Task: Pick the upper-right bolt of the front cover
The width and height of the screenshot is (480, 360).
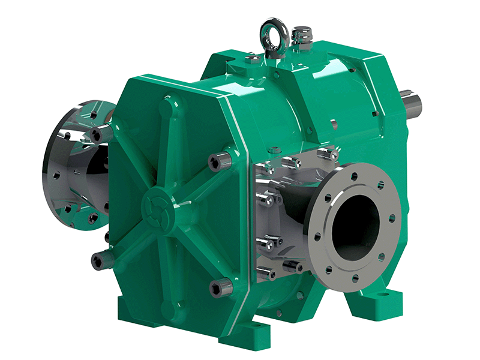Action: click(x=217, y=161)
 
